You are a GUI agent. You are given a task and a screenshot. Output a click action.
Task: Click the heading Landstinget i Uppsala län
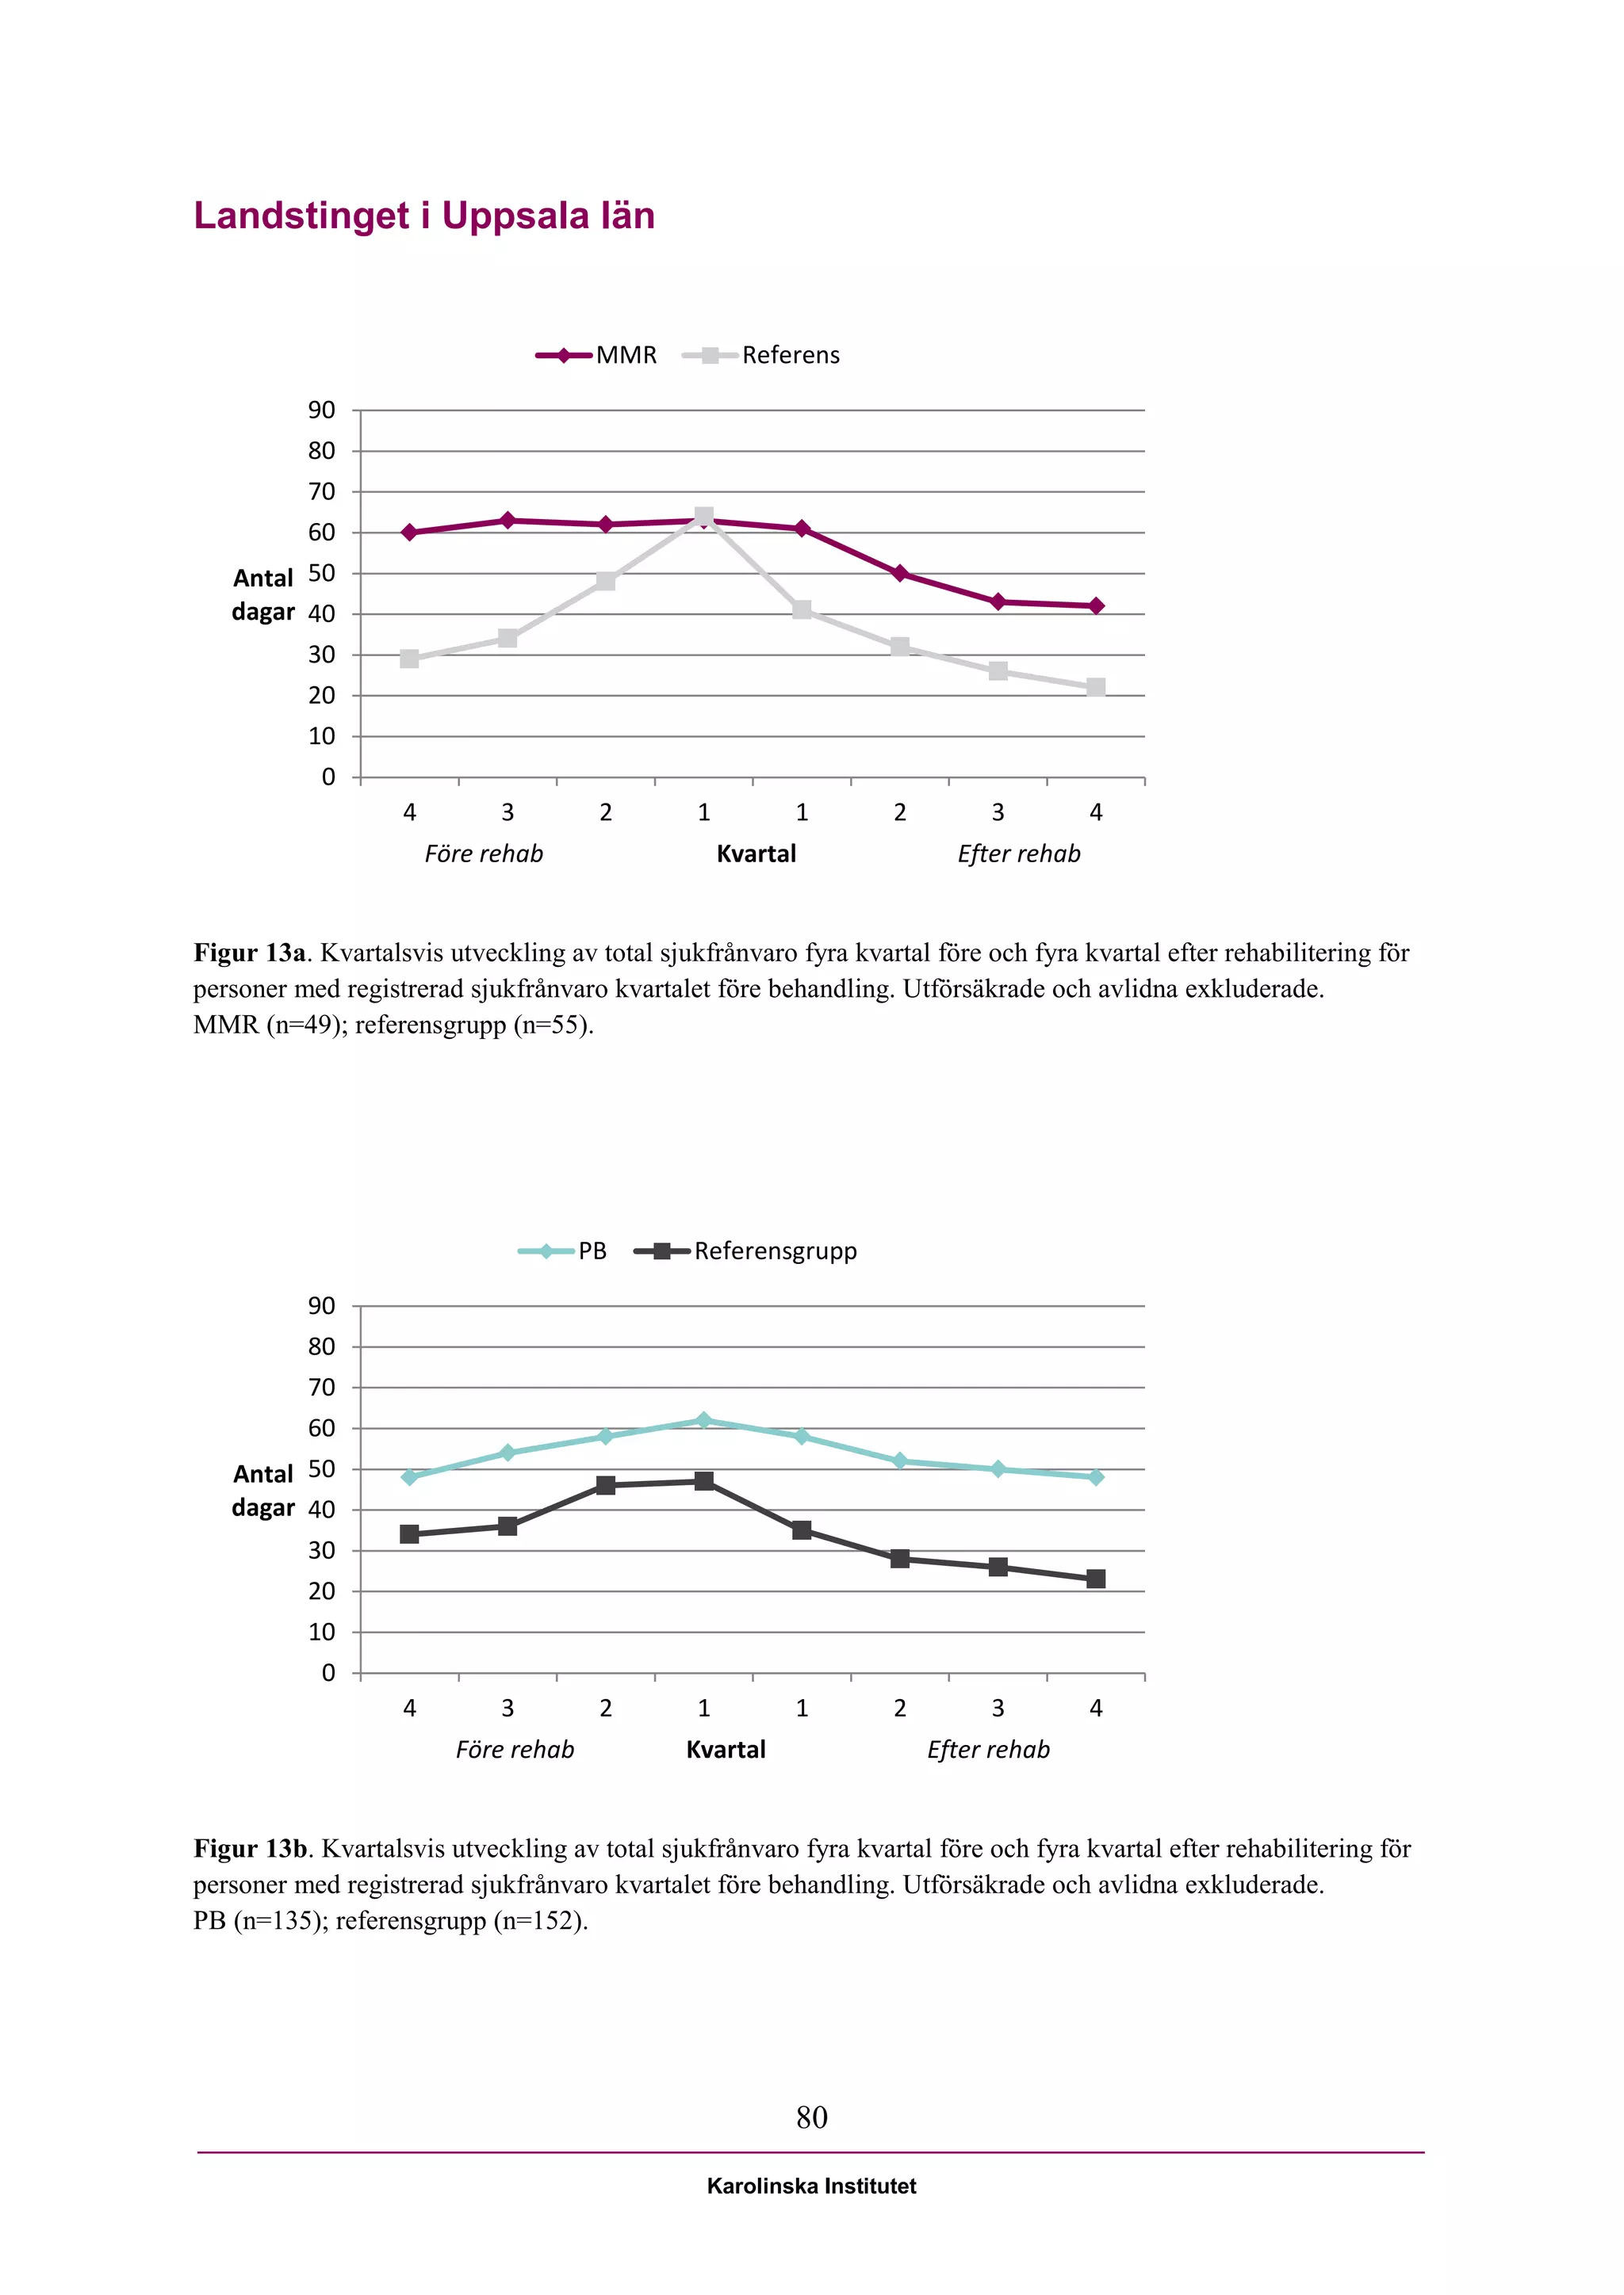point(424,216)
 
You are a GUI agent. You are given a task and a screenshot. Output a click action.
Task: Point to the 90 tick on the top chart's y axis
point(322,410)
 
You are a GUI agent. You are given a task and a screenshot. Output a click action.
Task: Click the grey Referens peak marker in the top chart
point(704,517)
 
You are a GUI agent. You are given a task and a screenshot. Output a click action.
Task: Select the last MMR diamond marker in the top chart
point(1096,605)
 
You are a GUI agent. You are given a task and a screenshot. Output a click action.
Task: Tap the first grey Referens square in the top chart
point(409,659)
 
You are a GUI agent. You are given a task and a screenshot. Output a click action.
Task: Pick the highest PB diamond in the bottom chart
point(704,1420)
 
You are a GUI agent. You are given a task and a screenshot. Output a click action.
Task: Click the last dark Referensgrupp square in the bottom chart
point(1096,1579)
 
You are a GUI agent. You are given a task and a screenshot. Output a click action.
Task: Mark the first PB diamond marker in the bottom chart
point(409,1477)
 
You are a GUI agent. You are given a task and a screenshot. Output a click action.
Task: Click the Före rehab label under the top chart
point(484,853)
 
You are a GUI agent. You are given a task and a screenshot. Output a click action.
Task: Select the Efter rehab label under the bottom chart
point(988,1749)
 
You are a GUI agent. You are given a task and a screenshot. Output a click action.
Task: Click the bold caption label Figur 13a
point(249,953)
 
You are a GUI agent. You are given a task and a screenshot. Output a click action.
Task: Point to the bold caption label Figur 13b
point(250,1848)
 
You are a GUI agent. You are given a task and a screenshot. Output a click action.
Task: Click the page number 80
point(812,2117)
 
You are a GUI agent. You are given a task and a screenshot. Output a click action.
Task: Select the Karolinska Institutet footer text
point(811,2186)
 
